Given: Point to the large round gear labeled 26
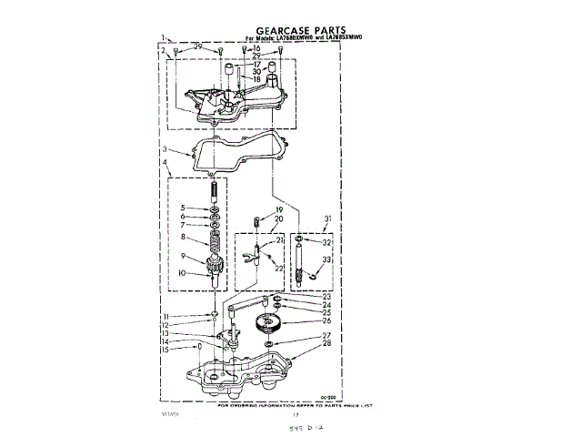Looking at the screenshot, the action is tap(270, 321).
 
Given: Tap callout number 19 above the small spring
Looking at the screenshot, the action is tap(280, 211).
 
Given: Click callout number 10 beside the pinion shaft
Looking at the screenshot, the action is tap(183, 273).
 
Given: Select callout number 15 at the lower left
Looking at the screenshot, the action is tap(164, 350).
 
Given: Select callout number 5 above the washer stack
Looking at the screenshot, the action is tap(183, 208).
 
